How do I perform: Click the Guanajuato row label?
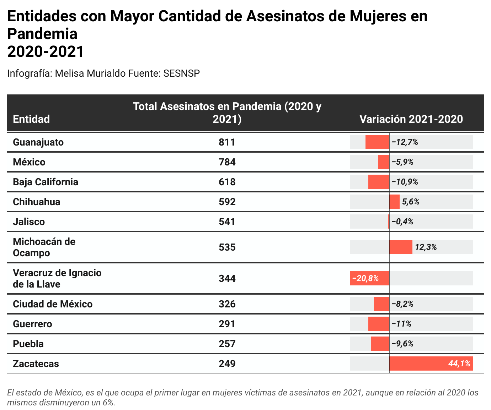[x=38, y=142]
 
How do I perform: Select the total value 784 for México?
[x=227, y=162]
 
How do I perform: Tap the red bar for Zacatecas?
[x=431, y=363]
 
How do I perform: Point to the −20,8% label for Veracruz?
[x=365, y=279]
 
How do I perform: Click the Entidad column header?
[x=31, y=119]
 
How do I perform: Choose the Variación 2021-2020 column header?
[x=411, y=119]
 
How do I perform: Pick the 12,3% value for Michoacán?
[x=426, y=247]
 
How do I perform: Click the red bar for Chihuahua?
[x=394, y=202]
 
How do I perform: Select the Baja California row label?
[x=46, y=182]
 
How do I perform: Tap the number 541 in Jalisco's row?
[x=227, y=222]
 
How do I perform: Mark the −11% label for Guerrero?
[x=401, y=324]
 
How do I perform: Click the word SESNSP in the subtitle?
[x=182, y=73]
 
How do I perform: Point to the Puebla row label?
[x=28, y=344]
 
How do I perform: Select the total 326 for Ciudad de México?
[x=227, y=304]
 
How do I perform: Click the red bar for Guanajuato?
[x=377, y=142]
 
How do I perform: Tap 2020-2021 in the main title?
[x=46, y=51]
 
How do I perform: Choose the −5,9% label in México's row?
[x=402, y=162]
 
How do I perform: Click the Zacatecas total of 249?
[x=227, y=364]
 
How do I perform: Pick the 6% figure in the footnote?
[x=108, y=403]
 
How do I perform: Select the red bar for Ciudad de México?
[x=381, y=304]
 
